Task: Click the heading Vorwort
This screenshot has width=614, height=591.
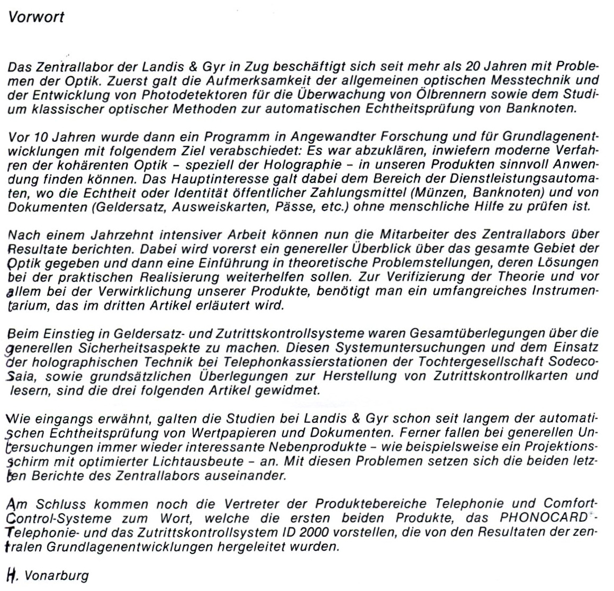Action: [37, 17]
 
